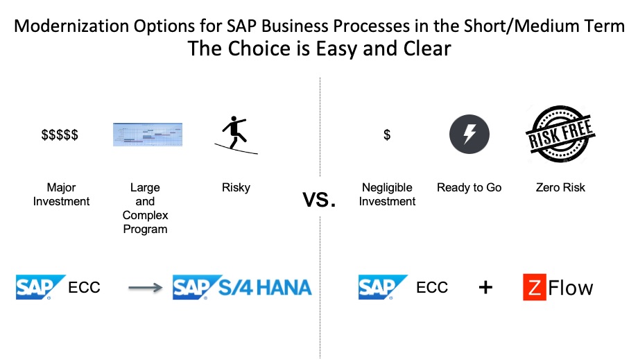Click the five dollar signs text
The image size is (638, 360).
pyautogui.click(x=60, y=135)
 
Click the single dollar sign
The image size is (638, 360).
pyautogui.click(x=387, y=135)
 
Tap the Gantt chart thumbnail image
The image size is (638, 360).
pyautogui.click(x=148, y=134)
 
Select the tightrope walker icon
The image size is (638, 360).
pyautogui.click(x=236, y=135)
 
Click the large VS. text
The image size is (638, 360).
pyautogui.click(x=319, y=200)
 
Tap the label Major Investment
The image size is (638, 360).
pyautogui.click(x=61, y=194)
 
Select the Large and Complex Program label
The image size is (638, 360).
pyautogui.click(x=145, y=208)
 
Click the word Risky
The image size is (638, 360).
pyautogui.click(x=236, y=187)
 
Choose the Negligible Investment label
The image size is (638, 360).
pyautogui.click(x=388, y=194)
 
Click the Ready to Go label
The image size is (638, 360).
pyautogui.click(x=469, y=187)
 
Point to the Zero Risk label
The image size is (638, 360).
pyautogui.click(x=560, y=187)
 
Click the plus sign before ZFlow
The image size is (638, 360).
pyautogui.click(x=485, y=287)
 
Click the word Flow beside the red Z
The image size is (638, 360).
pyautogui.click(x=571, y=287)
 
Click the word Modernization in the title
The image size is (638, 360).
pyautogui.click(x=67, y=27)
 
